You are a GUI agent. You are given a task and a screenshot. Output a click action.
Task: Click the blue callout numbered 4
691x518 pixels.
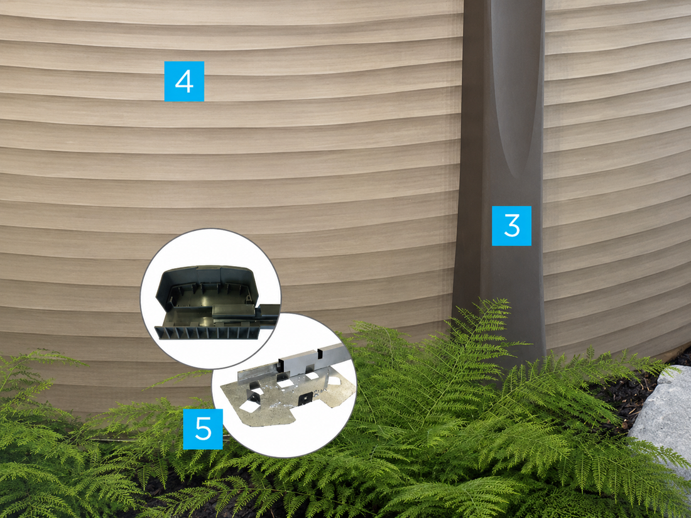pyautogui.click(x=184, y=81)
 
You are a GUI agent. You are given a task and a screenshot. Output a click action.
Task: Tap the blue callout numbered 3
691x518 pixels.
pyautogui.click(x=511, y=225)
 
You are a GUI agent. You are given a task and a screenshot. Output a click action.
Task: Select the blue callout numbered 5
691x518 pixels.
pyautogui.click(x=203, y=429)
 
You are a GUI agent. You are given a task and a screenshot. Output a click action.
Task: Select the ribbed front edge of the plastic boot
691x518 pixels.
pyautogui.click(x=207, y=333)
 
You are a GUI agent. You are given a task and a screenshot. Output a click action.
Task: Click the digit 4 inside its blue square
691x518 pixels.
pyautogui.click(x=184, y=81)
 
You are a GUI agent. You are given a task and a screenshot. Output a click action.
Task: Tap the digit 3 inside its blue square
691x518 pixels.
pyautogui.click(x=511, y=225)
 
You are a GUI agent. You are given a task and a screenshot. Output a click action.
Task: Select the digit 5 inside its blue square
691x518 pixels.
pyautogui.click(x=203, y=429)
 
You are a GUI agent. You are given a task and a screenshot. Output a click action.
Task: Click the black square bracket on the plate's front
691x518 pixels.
pyautogui.click(x=305, y=399)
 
